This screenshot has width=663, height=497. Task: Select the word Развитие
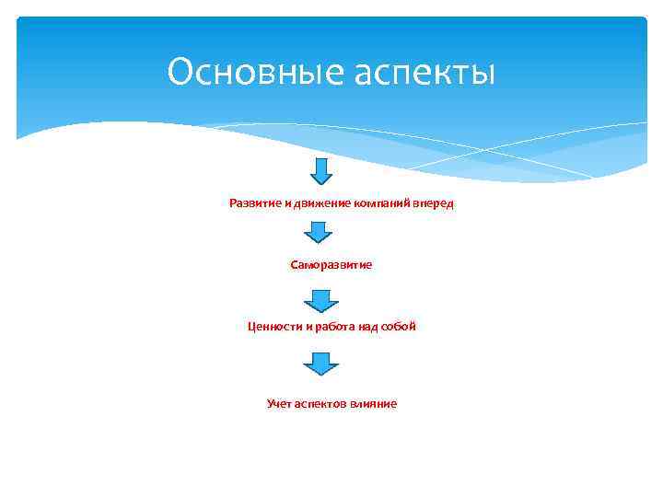tap(255, 202)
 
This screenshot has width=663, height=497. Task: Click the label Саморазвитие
tap(331, 264)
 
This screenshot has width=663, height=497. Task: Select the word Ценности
tap(273, 326)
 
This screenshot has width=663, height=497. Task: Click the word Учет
tap(279, 403)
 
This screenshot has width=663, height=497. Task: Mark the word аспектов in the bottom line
tap(320, 403)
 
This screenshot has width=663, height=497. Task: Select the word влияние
tap(374, 403)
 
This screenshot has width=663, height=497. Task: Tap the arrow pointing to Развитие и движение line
tap(321, 171)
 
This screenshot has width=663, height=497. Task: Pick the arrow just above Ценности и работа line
tap(321, 301)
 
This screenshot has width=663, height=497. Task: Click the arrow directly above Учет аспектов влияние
tap(321, 364)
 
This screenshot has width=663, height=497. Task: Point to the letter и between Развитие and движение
tap(286, 202)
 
